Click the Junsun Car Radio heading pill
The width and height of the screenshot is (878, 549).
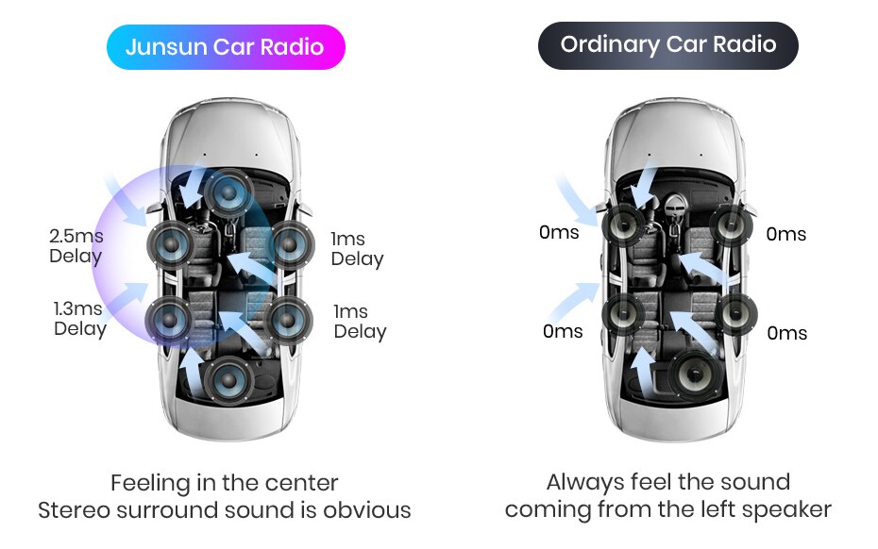(x=225, y=46)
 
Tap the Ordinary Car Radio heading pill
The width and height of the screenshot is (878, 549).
(x=667, y=44)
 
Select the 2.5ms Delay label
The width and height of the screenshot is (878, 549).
(x=76, y=245)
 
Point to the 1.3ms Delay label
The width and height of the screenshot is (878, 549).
(x=77, y=318)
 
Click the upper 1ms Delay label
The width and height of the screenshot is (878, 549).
(x=357, y=249)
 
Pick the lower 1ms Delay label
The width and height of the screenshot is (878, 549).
(x=359, y=322)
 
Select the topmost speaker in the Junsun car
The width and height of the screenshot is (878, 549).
(x=227, y=192)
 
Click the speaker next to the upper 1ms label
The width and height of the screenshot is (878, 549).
(x=289, y=245)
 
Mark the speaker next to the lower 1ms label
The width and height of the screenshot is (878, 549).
(x=289, y=320)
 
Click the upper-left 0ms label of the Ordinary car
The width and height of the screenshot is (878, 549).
(x=559, y=232)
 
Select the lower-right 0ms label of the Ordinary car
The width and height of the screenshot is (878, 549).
(x=786, y=333)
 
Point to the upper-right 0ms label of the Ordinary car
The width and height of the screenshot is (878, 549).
(x=785, y=234)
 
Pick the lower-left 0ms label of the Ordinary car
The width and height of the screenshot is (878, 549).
(x=563, y=331)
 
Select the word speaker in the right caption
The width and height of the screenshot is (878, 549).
(x=786, y=510)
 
